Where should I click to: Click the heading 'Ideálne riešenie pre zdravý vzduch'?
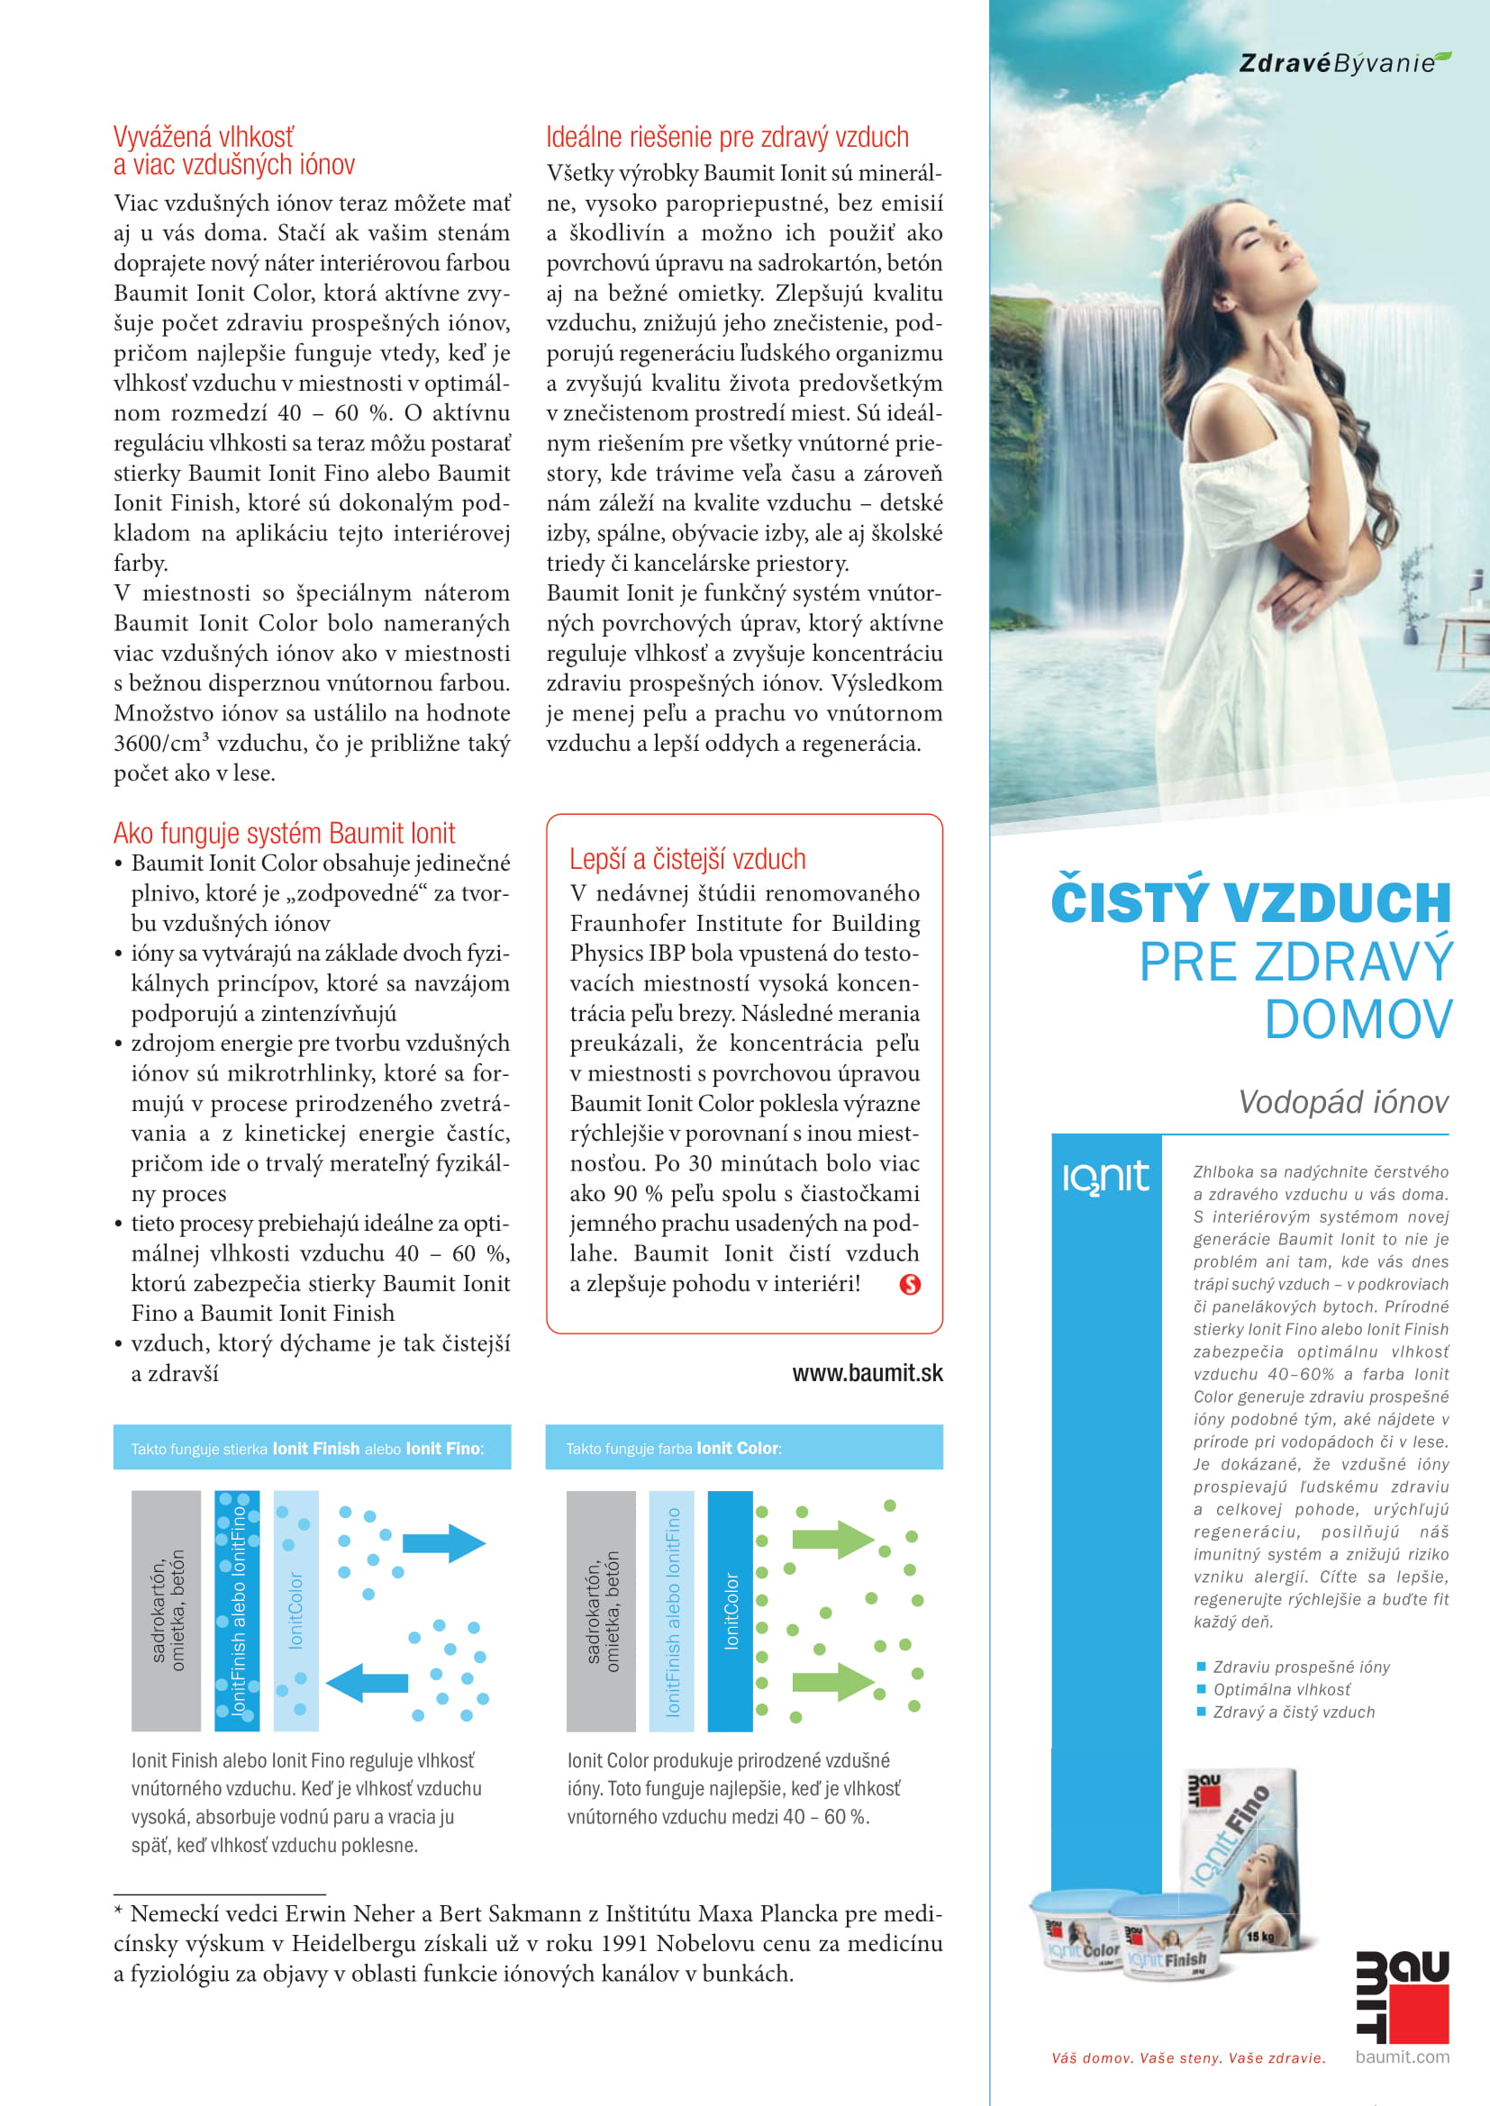[727, 138]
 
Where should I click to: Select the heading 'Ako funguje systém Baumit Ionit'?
[285, 833]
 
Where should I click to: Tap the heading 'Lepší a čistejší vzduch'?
[687, 859]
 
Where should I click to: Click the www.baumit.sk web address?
[867, 1373]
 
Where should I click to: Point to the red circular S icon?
[909, 1284]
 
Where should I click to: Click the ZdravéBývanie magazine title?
[1343, 62]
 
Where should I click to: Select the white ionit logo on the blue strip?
[1105, 1177]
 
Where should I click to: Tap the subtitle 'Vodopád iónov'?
[1343, 1101]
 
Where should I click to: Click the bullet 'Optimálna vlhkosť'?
[1282, 1689]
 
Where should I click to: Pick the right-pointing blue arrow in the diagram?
[444, 1543]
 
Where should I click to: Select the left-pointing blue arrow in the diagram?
[367, 1682]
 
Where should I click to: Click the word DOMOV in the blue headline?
[1358, 1020]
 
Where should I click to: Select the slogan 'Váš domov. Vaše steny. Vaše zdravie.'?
[1188, 2058]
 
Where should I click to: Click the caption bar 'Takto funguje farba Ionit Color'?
[743, 1449]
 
